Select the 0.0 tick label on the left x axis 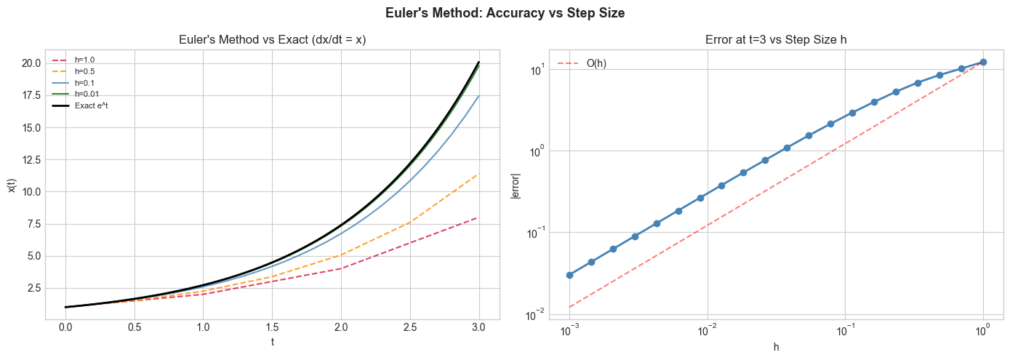65,329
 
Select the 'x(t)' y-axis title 12,185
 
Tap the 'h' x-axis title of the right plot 776,347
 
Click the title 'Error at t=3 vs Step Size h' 776,39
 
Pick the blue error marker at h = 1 983,63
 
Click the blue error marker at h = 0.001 569,275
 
